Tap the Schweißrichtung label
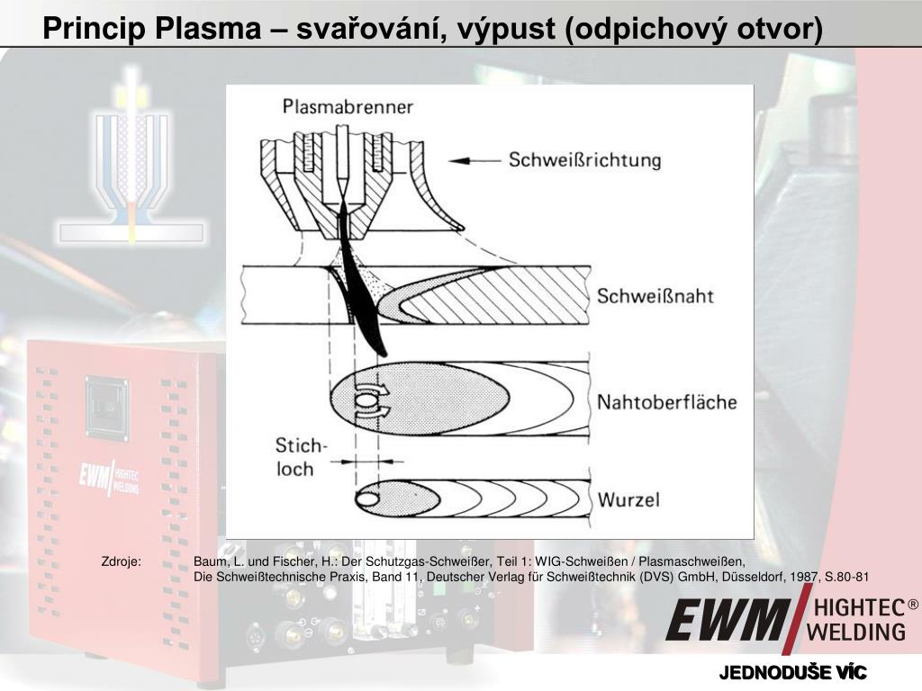click(584, 162)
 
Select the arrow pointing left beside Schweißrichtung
click(474, 162)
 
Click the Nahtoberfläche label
click(666, 402)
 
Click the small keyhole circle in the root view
click(367, 498)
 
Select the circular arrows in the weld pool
click(369, 402)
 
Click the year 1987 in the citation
click(805, 577)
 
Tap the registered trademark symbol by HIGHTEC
click(913, 606)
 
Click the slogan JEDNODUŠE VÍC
click(792, 673)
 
